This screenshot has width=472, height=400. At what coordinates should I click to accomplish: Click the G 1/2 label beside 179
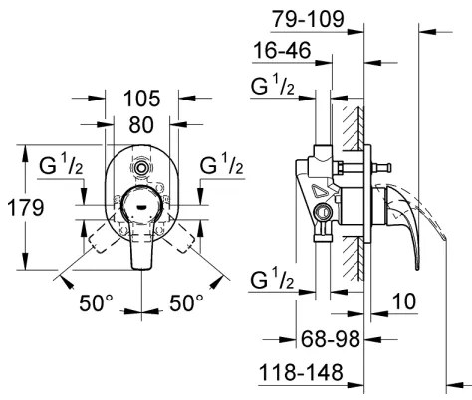point(61,164)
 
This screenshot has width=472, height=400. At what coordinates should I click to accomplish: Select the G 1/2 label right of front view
point(223,164)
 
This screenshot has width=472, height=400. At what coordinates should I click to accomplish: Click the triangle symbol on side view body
point(321,190)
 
